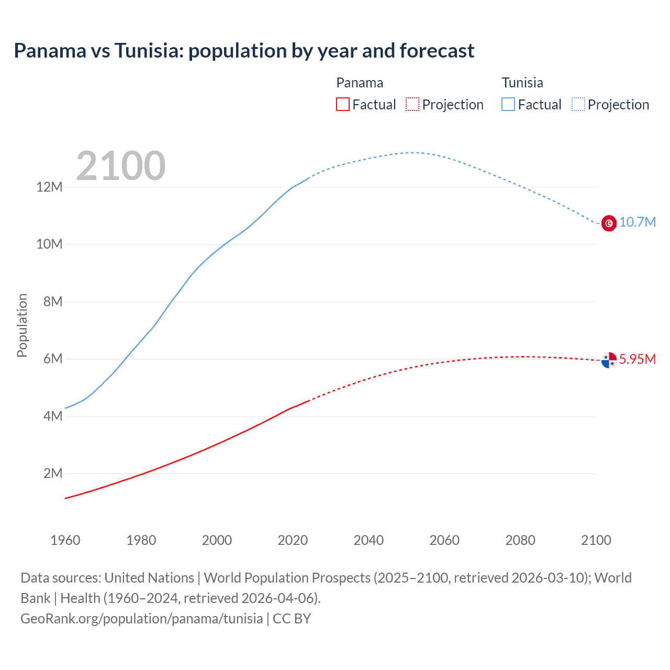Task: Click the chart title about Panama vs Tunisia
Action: [x=244, y=51]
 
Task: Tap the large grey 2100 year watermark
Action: [x=121, y=166]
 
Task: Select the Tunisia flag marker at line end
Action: [x=609, y=224]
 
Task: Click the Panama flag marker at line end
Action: [x=609, y=360]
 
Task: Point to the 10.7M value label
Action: [x=638, y=222]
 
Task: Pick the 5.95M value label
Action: [x=638, y=359]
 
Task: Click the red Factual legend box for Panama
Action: [x=342, y=105]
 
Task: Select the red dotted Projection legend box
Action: [x=412, y=105]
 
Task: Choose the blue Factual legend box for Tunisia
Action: [x=508, y=105]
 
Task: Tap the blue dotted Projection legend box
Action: [x=578, y=105]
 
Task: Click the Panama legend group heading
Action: [x=360, y=83]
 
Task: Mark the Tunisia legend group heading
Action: [x=522, y=83]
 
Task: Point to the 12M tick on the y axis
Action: [x=49, y=187]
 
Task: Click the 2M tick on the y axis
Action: [x=52, y=473]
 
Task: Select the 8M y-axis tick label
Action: [x=53, y=301]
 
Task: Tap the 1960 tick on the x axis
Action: [x=65, y=540]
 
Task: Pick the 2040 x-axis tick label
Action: [x=368, y=540]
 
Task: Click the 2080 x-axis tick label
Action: [x=520, y=540]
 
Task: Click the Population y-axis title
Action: [x=22, y=325]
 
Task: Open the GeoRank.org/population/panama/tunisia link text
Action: [x=141, y=619]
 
